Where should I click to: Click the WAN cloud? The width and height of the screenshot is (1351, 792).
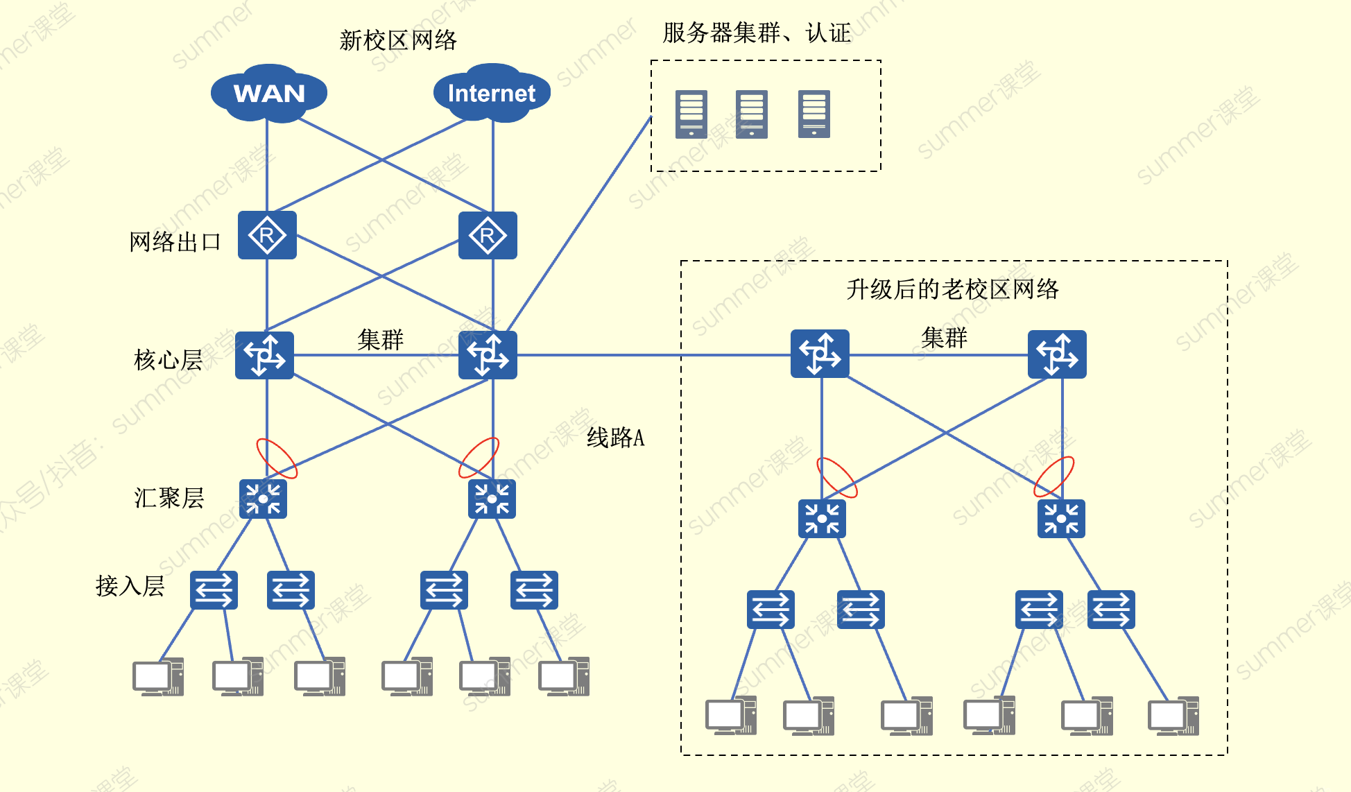[x=269, y=93]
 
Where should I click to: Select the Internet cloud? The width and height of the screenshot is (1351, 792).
[x=492, y=93]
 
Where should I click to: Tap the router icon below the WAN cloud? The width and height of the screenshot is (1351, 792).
[x=267, y=236]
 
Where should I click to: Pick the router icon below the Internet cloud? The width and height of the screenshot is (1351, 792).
[x=488, y=236]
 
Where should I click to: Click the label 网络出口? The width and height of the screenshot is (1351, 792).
[x=175, y=242]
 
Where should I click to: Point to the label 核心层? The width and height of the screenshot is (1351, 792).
[x=168, y=360]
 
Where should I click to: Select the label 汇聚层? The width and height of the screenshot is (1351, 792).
[x=169, y=498]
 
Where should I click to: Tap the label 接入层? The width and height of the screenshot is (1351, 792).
[x=130, y=586]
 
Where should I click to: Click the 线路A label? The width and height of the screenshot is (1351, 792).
[x=615, y=438]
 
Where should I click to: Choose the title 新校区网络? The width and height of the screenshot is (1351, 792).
[x=398, y=40]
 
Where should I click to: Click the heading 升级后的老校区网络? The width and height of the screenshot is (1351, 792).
[x=952, y=289]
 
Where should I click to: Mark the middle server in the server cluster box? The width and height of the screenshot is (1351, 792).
[x=752, y=114]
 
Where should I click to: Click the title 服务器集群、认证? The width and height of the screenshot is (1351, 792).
[x=757, y=33]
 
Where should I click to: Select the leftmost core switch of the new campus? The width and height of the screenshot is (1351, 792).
[x=264, y=355]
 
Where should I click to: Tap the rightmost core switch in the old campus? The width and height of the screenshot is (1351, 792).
[x=1057, y=354]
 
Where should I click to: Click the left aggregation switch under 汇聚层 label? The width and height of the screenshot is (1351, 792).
[x=263, y=499]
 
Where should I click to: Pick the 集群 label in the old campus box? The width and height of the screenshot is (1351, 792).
[x=944, y=338]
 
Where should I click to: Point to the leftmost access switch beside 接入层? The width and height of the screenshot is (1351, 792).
[x=214, y=590]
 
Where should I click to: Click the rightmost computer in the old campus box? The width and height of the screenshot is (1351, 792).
[x=1173, y=716]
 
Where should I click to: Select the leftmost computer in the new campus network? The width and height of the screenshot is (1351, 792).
[x=158, y=677]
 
